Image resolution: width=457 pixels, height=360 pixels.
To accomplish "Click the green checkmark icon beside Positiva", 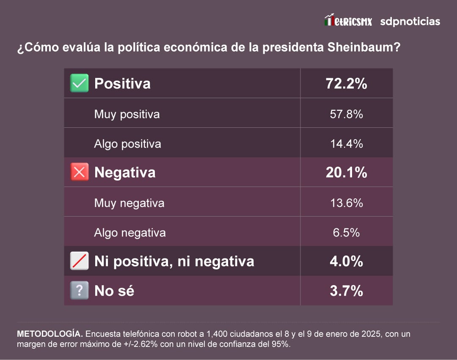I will pos(79,83).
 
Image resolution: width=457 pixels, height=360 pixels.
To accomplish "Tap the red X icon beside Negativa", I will pos(79,172).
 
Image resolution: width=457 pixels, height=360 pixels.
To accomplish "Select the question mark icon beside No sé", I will pos(79,291).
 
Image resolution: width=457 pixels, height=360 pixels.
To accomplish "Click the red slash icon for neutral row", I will pos(79,261).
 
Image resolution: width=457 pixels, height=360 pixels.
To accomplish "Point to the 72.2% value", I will pos(346,83).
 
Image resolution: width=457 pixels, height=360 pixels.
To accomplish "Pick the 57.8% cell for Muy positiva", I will pos(346,114).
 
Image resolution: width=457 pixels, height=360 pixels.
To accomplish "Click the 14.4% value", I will pos(346,143).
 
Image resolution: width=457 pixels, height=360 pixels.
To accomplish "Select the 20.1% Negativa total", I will pos(346,172).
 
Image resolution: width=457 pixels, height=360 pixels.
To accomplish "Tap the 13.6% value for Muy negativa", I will pos(346,203).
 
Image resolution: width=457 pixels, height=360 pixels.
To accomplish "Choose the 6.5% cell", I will pos(346,232).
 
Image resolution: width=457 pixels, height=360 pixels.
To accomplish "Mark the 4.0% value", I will pos(346,261).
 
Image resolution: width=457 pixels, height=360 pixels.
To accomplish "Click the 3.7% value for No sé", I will pos(346,291).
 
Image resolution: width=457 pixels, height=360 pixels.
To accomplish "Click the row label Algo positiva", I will pos(127,144).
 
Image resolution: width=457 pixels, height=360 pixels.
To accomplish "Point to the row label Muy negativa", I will pos(129,203).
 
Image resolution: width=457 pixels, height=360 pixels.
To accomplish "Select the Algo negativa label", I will pos(130,233).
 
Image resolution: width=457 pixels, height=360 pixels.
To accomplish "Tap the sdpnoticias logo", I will pos(410,21).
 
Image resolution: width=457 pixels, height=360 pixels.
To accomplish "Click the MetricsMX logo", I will pos(348,20).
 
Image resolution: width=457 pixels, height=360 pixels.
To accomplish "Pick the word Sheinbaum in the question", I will pos(364,47).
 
